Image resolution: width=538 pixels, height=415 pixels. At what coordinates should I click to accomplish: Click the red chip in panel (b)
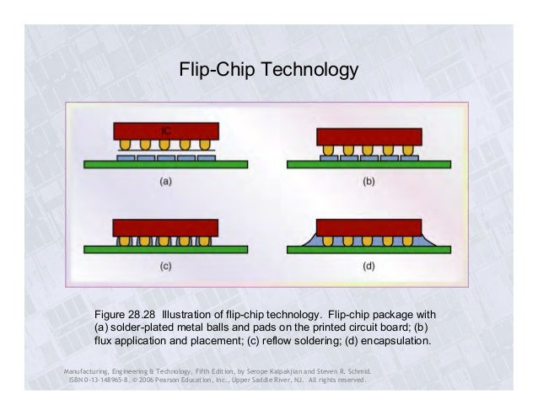click(369, 136)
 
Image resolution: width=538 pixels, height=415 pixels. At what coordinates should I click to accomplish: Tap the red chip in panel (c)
click(166, 227)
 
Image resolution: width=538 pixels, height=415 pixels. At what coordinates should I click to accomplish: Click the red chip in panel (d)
click(369, 226)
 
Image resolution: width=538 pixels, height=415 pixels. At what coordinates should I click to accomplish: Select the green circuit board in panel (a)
click(166, 164)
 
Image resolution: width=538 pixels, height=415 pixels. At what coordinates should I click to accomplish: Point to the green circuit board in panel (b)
click(369, 164)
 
